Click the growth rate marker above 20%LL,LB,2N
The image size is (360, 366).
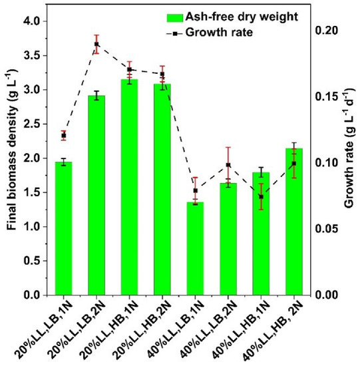96,44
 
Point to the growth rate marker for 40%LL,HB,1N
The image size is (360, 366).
261,197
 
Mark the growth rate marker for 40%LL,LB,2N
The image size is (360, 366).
228,165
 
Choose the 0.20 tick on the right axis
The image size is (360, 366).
327,31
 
